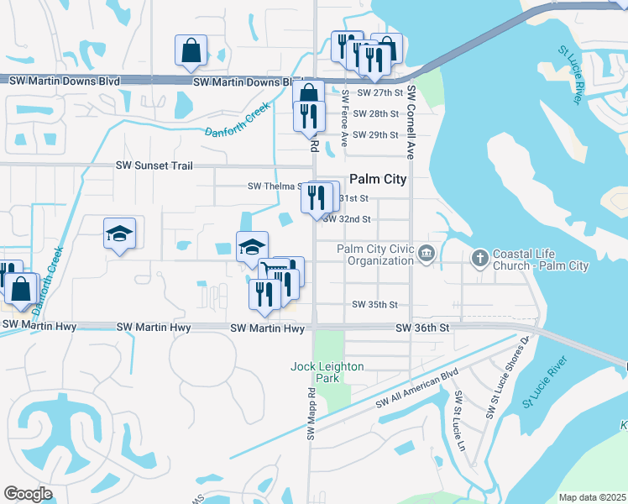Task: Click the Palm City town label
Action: pyautogui.click(x=378, y=179)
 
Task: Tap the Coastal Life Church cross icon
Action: pyautogui.click(x=479, y=257)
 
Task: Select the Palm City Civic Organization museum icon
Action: pyautogui.click(x=427, y=254)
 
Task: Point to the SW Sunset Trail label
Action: pyautogui.click(x=159, y=165)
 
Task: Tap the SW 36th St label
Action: pyautogui.click(x=422, y=328)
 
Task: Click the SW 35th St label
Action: pyautogui.click(x=374, y=304)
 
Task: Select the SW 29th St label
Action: pyautogui.click(x=375, y=135)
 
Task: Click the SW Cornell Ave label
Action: pyautogui.click(x=411, y=123)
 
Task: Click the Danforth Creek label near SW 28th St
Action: pyautogui.click(x=240, y=123)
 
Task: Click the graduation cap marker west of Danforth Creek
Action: pyautogui.click(x=119, y=234)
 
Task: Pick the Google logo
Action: pyautogui.click(x=29, y=493)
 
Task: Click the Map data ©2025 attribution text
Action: pyautogui.click(x=592, y=497)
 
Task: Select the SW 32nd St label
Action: pyautogui.click(x=348, y=219)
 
